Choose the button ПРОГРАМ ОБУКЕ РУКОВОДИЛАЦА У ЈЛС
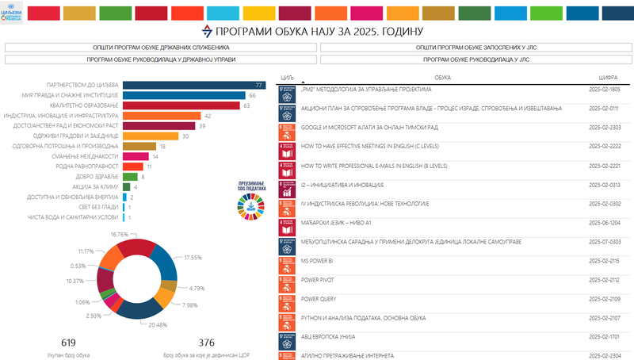(x=474, y=59)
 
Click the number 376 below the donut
(x=206, y=342)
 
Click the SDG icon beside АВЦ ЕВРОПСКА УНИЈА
(x=286, y=337)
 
